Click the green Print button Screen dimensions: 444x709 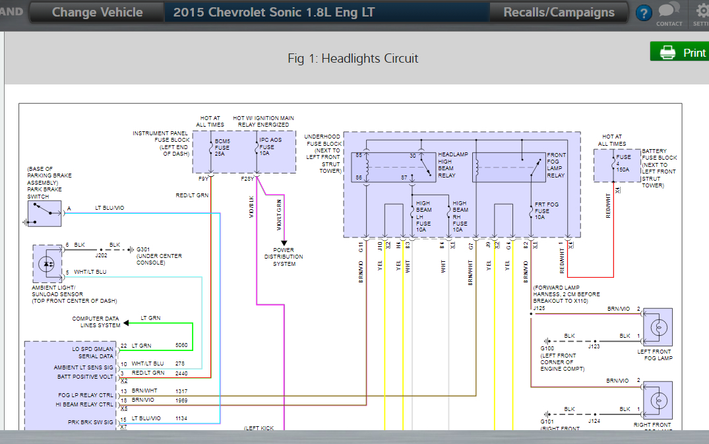click(679, 52)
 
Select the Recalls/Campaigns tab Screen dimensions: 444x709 click(559, 13)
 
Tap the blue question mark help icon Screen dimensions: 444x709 click(644, 13)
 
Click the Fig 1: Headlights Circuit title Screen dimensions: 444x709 click(353, 59)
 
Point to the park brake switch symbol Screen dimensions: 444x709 click(45, 213)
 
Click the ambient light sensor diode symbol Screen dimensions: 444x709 click(47, 263)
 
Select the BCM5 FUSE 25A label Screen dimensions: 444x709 click(222, 148)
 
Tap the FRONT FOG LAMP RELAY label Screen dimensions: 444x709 click(555, 165)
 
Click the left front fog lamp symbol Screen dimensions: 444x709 click(657, 327)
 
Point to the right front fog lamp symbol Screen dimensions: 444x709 click(657, 400)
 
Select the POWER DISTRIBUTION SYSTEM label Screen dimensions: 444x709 click(284, 257)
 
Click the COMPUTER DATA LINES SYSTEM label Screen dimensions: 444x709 click(96, 322)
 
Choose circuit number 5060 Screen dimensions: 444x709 click(181, 345)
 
